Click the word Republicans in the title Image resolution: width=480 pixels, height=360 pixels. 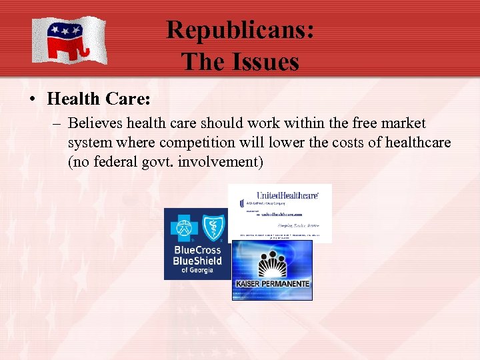coord(239,30)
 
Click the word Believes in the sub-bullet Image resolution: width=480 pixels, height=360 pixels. coord(95,124)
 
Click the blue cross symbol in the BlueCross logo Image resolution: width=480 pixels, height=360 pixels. coord(182,227)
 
